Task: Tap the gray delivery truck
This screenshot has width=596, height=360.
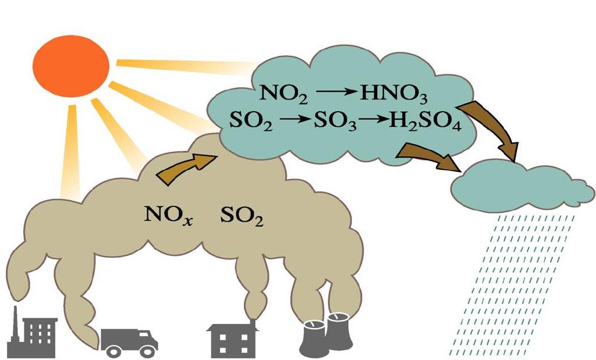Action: [x=129, y=340]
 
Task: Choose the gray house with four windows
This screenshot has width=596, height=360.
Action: [x=232, y=340]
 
